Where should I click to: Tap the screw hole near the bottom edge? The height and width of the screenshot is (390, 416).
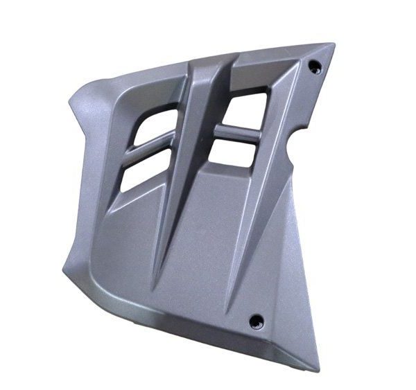[x=256, y=320]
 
